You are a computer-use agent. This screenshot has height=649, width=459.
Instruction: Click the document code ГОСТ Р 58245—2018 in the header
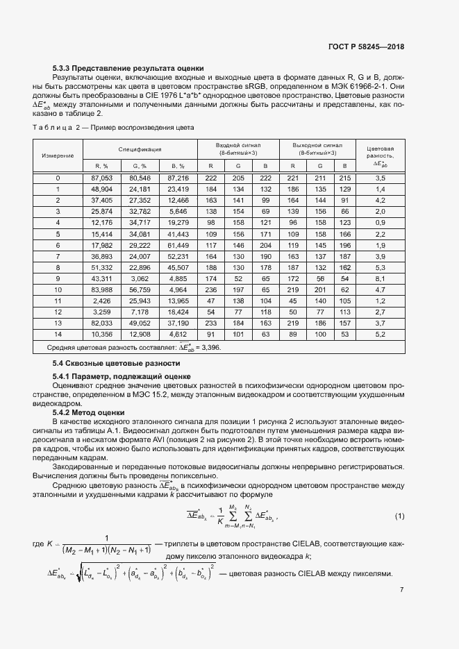366,47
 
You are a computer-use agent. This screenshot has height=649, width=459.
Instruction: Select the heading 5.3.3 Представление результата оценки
128,68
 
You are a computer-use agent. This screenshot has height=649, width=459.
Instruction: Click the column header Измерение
58,155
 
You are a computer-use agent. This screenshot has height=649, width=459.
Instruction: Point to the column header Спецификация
140,149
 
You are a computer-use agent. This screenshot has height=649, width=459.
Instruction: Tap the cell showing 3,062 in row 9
141,278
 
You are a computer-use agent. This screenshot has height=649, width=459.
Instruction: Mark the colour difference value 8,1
380,278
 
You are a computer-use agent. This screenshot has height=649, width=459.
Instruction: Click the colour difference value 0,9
380,223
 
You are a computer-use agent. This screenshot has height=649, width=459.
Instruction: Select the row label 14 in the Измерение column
58,334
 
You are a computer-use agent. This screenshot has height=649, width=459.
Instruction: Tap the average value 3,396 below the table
208,347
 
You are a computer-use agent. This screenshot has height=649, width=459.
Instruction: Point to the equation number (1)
399,516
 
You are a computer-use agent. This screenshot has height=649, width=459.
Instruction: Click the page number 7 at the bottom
402,590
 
